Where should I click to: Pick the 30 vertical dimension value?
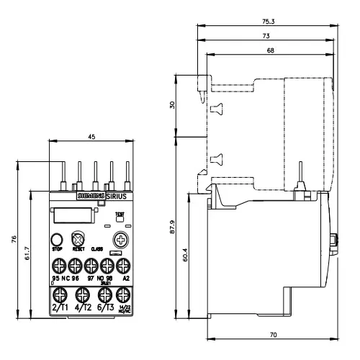point(171,105)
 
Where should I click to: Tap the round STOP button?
point(56,240)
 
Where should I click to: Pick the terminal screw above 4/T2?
point(82,294)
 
